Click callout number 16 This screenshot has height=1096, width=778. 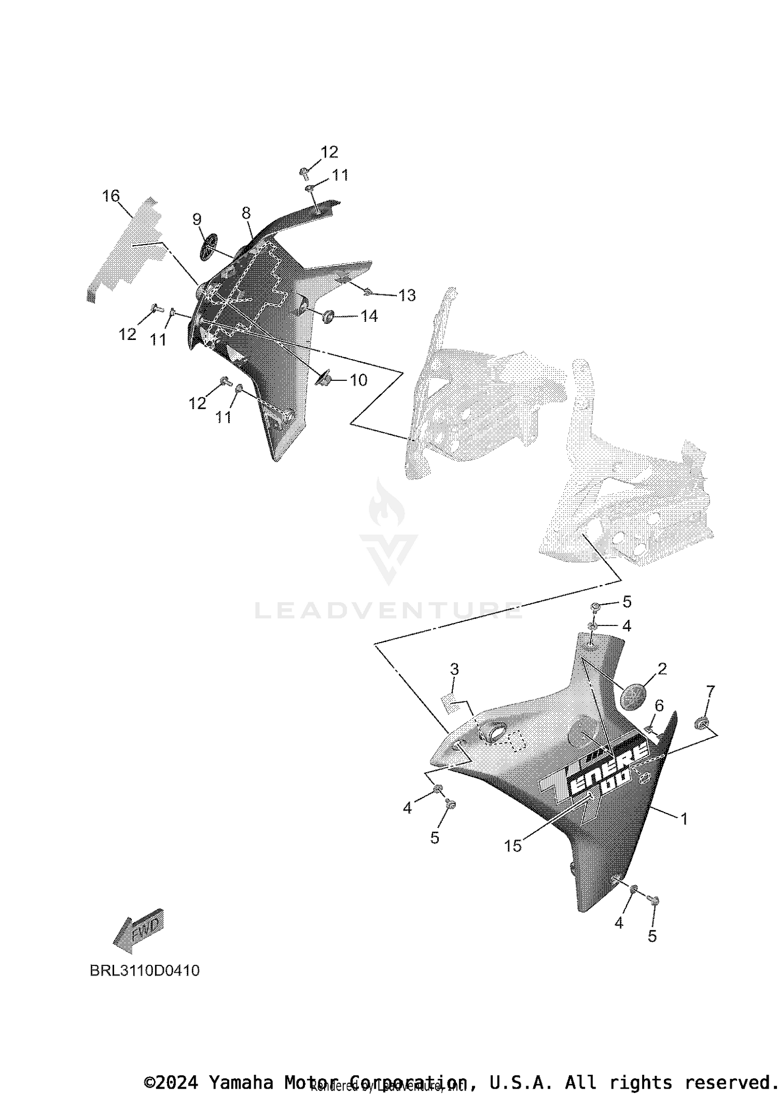111,196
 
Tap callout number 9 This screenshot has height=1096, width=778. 197,219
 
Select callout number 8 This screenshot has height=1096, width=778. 246,212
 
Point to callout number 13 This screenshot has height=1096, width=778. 407,295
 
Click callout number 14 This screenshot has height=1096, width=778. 369,316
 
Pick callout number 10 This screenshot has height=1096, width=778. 358,380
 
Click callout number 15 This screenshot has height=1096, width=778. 513,846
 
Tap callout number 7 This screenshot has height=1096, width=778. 710,691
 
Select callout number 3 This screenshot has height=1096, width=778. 454,669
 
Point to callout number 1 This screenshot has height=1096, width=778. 684,819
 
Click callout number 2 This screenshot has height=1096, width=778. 662,668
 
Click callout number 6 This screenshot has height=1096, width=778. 659,705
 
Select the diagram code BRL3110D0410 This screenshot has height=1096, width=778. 145,971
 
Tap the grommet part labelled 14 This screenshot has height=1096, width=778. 328,316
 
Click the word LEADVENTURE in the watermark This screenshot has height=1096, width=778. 388,611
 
